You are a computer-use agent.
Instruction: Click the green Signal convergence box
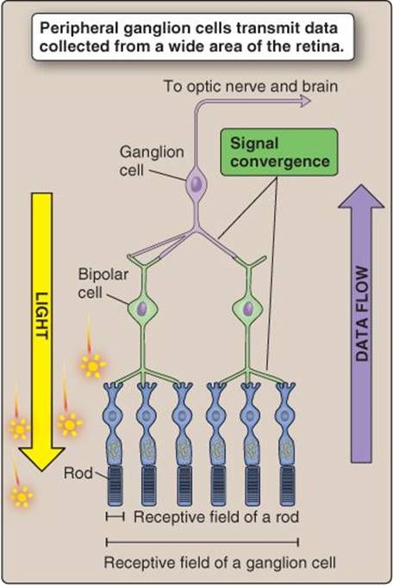(279, 152)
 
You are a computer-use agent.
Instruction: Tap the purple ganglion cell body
(196, 184)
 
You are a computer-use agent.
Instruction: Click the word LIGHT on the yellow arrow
(41, 316)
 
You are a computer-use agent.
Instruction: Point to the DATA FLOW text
(361, 314)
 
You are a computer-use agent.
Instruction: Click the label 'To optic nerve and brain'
(251, 87)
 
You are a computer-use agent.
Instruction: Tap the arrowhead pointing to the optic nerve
(305, 101)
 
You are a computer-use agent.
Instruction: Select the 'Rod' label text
(78, 473)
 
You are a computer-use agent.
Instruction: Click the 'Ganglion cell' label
(152, 161)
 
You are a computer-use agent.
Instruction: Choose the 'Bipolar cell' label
(103, 284)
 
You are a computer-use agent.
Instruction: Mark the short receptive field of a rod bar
(115, 517)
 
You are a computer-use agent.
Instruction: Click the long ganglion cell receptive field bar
(203, 542)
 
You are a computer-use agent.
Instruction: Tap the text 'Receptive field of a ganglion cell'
(220, 563)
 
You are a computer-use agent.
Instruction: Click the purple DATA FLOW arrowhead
(361, 196)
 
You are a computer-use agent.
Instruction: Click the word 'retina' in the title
(322, 46)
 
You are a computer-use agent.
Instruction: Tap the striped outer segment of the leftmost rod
(115, 486)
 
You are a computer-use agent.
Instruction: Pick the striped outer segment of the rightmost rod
(287, 486)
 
